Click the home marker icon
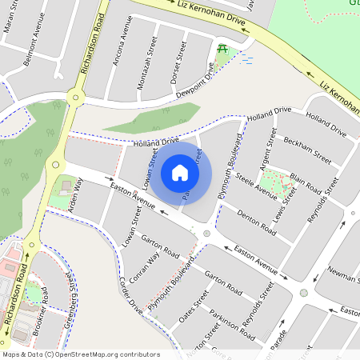[x=180, y=173]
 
